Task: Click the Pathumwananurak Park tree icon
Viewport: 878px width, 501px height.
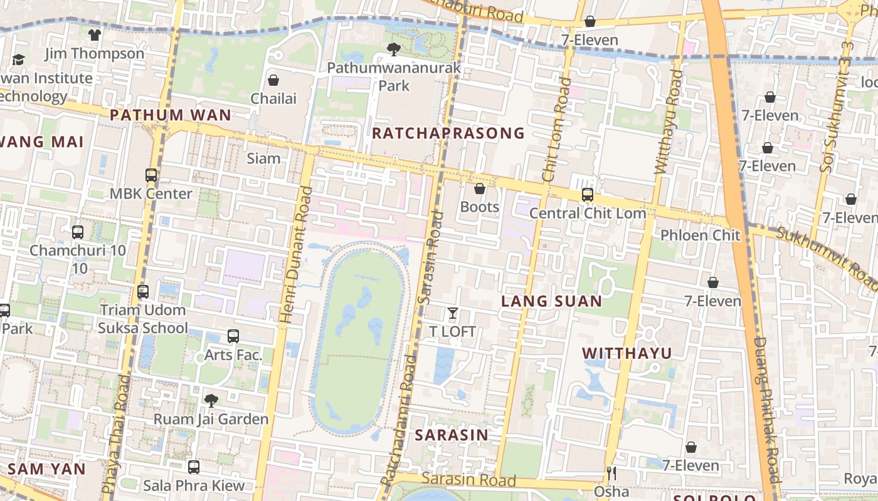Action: (x=393, y=49)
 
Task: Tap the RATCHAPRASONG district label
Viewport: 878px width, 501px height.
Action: (x=448, y=133)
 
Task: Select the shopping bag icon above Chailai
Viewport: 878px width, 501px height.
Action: (x=273, y=80)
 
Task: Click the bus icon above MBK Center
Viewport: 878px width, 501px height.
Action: (x=151, y=175)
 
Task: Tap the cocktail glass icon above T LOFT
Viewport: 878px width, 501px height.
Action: (x=452, y=312)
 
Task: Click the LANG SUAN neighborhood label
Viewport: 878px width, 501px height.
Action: (x=551, y=301)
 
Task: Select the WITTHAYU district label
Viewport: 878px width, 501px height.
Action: (x=627, y=353)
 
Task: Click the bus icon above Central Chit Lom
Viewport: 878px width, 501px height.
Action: (x=588, y=195)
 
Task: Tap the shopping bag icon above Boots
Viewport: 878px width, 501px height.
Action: (x=480, y=189)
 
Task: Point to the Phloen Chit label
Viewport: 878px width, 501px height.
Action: (x=700, y=235)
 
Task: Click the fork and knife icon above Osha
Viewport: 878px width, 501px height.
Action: (x=611, y=473)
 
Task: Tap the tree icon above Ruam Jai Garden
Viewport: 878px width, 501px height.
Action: (x=211, y=400)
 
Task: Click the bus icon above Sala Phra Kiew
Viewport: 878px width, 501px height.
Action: (x=194, y=467)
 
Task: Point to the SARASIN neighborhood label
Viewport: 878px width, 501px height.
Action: (x=452, y=435)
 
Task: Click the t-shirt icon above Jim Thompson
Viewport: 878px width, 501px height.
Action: (x=95, y=35)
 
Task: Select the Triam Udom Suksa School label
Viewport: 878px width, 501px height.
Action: (x=142, y=319)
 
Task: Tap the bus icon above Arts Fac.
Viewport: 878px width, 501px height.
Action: (x=233, y=336)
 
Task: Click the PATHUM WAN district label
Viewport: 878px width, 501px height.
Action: (x=171, y=115)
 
